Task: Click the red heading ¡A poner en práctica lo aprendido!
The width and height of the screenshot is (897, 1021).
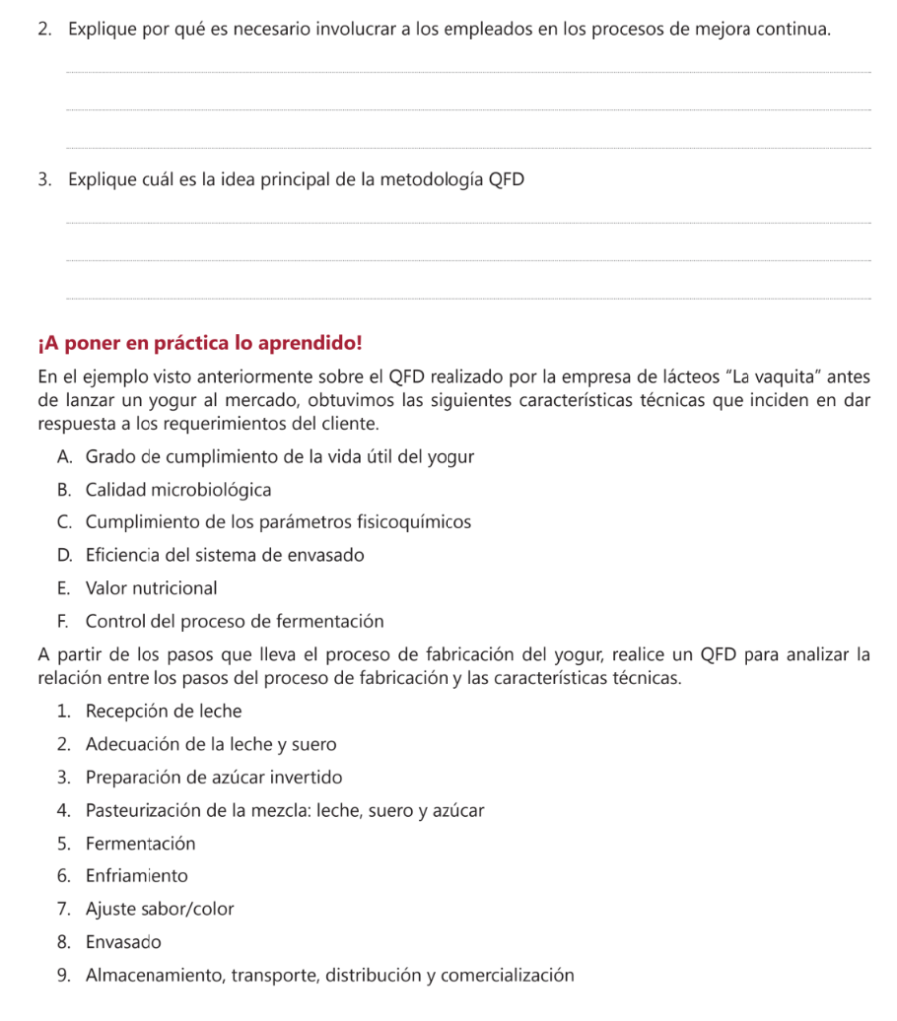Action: (x=199, y=344)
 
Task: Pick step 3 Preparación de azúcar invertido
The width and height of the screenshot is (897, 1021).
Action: (x=213, y=777)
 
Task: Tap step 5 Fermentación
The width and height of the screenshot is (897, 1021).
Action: (x=141, y=843)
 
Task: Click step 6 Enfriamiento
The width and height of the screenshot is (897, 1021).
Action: (x=137, y=876)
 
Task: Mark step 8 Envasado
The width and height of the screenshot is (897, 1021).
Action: (x=124, y=942)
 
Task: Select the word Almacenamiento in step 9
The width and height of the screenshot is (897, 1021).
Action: (x=155, y=975)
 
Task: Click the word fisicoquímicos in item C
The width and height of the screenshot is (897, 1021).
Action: (x=420, y=522)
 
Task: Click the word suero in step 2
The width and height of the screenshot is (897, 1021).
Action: (x=316, y=744)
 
